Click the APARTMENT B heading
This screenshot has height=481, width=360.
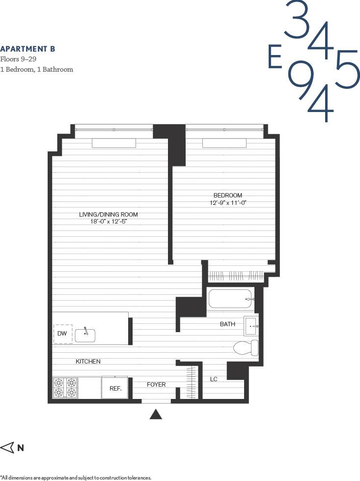point(28,49)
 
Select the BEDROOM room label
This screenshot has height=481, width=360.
point(227,195)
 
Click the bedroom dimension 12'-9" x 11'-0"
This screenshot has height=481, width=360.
point(227,202)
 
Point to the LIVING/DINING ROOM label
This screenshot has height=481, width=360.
point(109,215)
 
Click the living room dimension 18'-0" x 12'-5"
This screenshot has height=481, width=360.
point(109,222)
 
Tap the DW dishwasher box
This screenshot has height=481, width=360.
point(62,334)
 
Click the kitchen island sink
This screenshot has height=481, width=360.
point(85,335)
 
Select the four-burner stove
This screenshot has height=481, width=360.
point(65,387)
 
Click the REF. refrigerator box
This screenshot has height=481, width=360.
point(115,388)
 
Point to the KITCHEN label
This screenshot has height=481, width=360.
point(88,362)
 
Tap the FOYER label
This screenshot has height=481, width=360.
point(156,385)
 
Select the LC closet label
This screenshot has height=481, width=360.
point(214,379)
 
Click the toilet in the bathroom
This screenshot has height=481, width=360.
point(246,347)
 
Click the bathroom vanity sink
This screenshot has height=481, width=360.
point(251,325)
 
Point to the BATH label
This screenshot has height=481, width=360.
point(227,324)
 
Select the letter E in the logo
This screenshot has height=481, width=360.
point(275,57)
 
